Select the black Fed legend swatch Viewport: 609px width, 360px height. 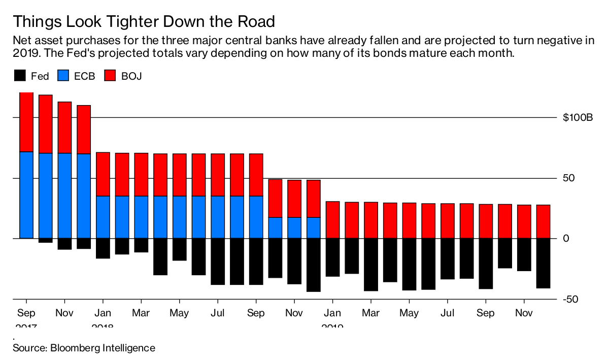(19, 76)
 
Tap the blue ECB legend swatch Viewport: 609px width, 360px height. (64, 76)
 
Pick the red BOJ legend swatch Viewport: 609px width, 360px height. (110, 76)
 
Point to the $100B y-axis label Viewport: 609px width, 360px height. (578, 118)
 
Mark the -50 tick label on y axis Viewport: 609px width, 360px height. (571, 299)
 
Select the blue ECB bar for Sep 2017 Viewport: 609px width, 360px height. (26, 195)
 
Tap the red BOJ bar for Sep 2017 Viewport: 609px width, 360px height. (26, 122)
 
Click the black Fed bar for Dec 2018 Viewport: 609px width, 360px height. (314, 265)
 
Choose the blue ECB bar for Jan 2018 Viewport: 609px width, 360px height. (103, 217)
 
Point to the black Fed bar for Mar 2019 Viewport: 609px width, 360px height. (371, 264)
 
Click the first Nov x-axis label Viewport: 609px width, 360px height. (64, 313)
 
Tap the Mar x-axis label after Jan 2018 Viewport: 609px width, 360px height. (141, 313)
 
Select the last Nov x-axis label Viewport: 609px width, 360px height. (524, 313)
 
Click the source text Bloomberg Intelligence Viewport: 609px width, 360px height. (84, 348)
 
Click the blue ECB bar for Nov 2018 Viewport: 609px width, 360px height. (294, 227)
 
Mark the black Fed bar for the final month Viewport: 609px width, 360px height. (543, 263)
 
